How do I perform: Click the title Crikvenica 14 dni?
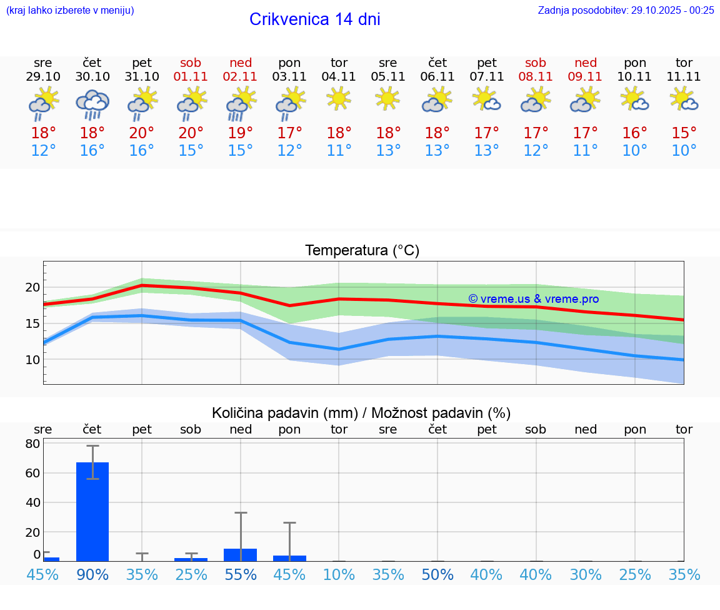coord(314,19)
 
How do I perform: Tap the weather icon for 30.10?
coord(92,104)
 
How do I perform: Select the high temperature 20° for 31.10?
coord(142,133)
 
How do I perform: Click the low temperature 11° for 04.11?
coord(339,151)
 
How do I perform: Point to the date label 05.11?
coord(388,77)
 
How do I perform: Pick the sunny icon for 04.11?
coord(339,98)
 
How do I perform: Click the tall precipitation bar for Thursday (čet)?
coord(92,511)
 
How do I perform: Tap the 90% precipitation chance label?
coord(92,574)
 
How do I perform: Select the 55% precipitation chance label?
coord(241,574)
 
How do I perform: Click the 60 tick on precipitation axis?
coord(32,473)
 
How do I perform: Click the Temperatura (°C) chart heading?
coord(362,251)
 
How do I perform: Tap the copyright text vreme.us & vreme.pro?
coord(533,299)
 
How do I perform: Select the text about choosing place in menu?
coord(69,10)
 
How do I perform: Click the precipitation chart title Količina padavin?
coord(361,413)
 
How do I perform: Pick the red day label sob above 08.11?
coord(536,63)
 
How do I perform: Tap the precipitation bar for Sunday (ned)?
coord(241,555)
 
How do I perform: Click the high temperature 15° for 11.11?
coord(684,133)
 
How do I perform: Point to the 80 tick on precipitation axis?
coord(32,444)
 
